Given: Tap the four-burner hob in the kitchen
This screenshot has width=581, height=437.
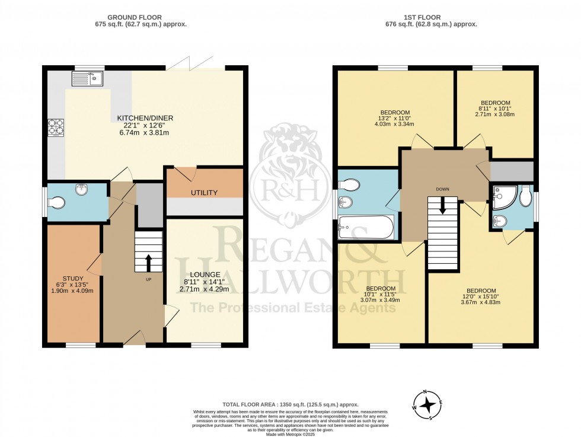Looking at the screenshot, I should (56, 127).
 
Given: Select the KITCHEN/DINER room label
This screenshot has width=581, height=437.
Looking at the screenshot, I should (148, 118).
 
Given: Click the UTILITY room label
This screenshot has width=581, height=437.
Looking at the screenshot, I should (204, 193).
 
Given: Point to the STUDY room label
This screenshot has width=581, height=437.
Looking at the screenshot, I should (73, 278).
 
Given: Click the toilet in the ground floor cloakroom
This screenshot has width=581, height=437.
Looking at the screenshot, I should (58, 203).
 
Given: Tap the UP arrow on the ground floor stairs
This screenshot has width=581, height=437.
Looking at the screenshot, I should (148, 261).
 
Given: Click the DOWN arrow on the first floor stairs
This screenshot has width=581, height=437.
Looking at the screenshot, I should (442, 206).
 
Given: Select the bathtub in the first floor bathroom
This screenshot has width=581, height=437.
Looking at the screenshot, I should (366, 227).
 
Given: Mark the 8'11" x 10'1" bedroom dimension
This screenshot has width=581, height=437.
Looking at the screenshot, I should (494, 109).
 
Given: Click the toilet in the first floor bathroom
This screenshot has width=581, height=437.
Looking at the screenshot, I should (350, 184).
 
